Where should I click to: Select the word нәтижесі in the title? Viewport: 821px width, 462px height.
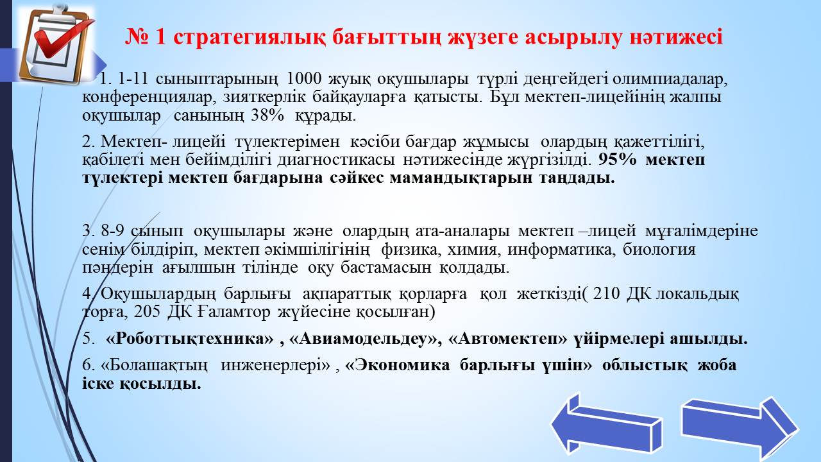(x=676, y=37)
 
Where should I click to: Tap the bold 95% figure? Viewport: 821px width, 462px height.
(x=618, y=160)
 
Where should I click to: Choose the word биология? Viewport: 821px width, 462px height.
(x=659, y=250)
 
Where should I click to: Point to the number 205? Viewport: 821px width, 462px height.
(x=147, y=312)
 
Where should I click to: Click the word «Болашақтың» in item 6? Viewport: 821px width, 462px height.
(x=154, y=366)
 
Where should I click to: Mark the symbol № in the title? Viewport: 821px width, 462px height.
(x=137, y=37)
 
